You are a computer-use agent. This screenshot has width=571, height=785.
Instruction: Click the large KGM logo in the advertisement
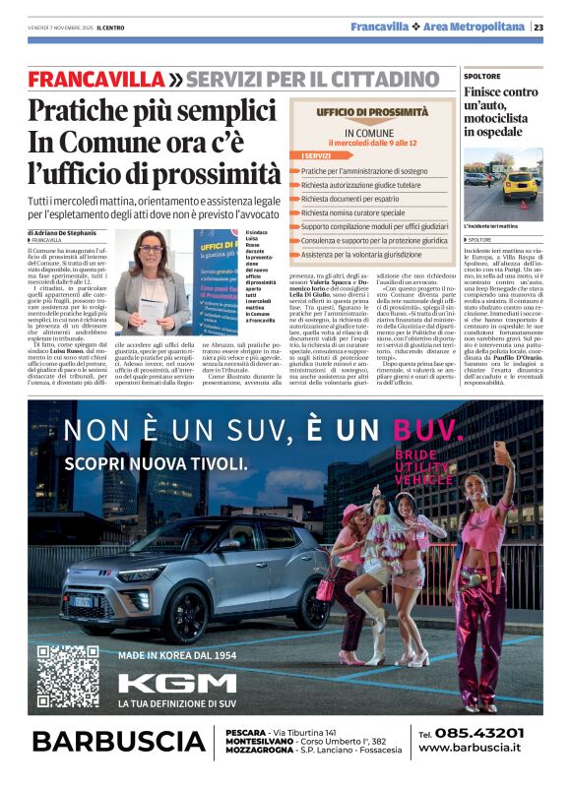(177, 683)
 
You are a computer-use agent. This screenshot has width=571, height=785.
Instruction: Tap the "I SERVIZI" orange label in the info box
(317, 155)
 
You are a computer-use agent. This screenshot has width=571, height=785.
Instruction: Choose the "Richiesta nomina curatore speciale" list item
(353, 211)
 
